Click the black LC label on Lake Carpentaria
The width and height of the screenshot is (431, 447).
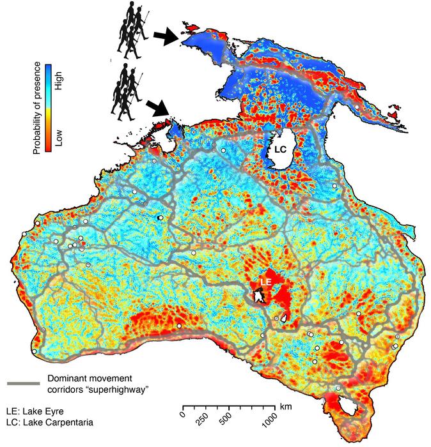pyautogui.click(x=281, y=149)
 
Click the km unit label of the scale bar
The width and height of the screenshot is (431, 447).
pyautogui.click(x=286, y=405)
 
